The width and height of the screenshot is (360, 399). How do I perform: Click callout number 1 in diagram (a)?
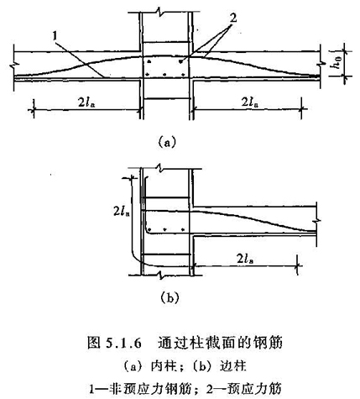pos(55,36)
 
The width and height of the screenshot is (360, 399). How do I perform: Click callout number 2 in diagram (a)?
pos(232,18)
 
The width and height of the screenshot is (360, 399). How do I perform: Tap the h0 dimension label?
pos(337,63)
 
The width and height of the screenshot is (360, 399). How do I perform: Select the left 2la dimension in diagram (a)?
pos(86,102)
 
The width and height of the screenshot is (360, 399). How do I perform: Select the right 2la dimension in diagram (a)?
pos(250,102)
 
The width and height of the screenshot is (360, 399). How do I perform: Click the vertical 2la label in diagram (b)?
pos(122,211)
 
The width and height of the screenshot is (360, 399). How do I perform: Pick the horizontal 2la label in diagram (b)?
pos(245,259)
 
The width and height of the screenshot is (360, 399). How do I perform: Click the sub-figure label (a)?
pos(167,141)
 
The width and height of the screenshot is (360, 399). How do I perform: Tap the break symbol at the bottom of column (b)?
pos(160,275)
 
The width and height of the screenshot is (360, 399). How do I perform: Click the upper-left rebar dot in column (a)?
pos(149,61)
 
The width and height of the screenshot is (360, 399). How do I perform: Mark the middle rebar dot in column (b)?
pos(166,229)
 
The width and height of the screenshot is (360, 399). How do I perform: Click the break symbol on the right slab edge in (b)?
pos(316,221)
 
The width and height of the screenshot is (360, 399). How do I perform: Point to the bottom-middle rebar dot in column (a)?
pos(164,75)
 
